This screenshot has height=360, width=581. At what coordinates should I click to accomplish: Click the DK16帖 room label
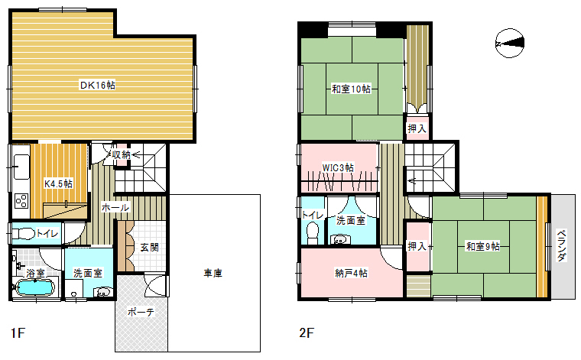coord(98,85)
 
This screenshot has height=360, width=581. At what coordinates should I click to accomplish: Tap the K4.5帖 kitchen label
coord(59,183)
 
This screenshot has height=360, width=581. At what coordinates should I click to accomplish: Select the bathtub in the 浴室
coord(34,287)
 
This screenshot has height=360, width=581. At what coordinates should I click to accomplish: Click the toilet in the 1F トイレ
coord(24,234)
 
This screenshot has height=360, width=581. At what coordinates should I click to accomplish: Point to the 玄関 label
coord(149,247)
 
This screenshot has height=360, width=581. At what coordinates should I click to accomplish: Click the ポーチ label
coord(141,312)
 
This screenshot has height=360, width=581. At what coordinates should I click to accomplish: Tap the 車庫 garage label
coord(213,274)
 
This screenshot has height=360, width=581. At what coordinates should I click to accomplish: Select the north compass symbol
coord(510,43)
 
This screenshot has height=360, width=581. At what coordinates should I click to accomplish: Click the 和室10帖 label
coord(351,89)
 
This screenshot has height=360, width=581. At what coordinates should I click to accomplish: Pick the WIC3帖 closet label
coord(338,168)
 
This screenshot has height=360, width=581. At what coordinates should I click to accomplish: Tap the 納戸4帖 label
coord(351,274)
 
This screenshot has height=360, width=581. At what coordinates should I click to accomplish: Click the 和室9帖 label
coord(483,246)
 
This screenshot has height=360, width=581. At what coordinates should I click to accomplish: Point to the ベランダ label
coord(562,245)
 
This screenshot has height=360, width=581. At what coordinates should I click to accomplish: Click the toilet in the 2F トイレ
coord(313,233)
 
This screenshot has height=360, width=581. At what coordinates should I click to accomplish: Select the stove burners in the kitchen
coord(21,201)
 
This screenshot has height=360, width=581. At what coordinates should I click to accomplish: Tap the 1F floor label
coord(18,333)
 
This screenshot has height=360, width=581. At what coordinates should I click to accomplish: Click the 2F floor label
coord(307,333)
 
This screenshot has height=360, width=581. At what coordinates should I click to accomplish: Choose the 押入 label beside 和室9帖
coord(417,246)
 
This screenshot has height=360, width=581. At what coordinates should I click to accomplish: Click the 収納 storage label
coord(121,154)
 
